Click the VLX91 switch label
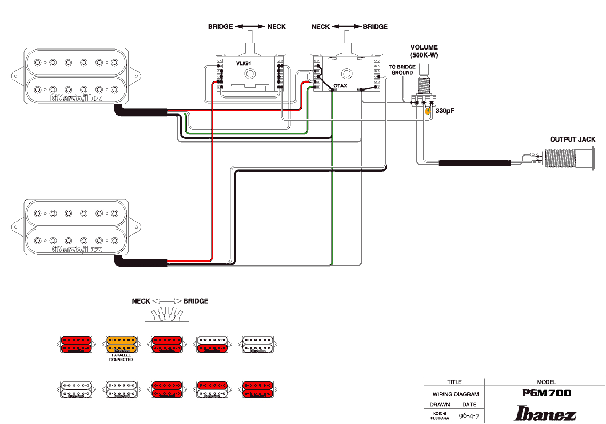tap(244, 63)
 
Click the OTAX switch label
tap(340, 86)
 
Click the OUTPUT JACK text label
tap(572, 140)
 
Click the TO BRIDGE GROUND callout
tap(402, 70)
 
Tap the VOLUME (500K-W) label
tap(424, 51)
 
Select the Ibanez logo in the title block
tap(545, 413)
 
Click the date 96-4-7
tap(469, 415)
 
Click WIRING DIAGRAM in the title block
tap(454, 395)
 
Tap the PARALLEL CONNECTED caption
tap(121, 358)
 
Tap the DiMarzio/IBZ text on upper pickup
tap(75, 99)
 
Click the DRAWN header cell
tap(439, 405)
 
